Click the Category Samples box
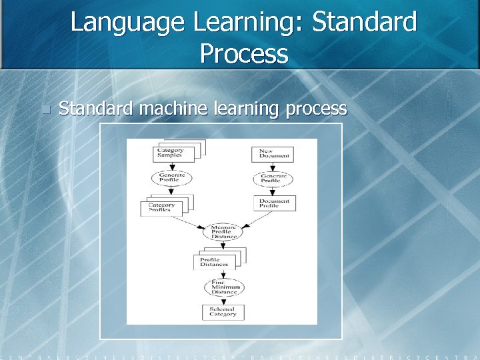pyautogui.click(x=173, y=154)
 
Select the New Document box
pyautogui.click(x=272, y=154)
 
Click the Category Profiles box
pyautogui.click(x=161, y=208)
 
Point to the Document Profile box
pyautogui.click(x=274, y=203)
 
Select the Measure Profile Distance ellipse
pyautogui.click(x=222, y=232)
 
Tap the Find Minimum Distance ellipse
pyautogui.click(x=224, y=287)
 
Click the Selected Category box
pyautogui.click(x=223, y=312)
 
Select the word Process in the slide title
pyautogui.click(x=244, y=53)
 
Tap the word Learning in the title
pyautogui.click(x=247, y=22)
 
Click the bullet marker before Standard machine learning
pyautogui.click(x=45, y=109)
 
